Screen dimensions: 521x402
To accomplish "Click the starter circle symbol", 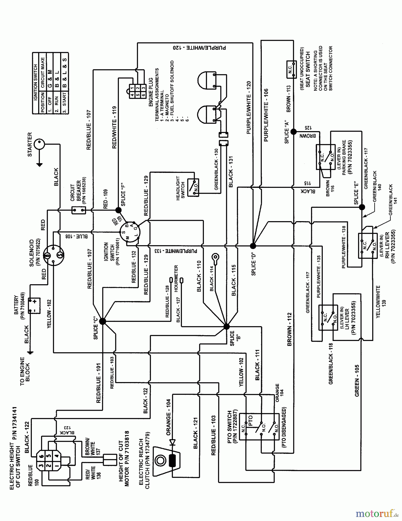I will pyautogui.click(x=39, y=144).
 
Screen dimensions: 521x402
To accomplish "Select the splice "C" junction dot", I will pyautogui.click(x=103, y=321).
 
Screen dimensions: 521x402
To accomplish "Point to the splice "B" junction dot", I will pyautogui.click(x=226, y=326).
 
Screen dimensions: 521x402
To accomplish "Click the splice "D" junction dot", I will pyautogui.click(x=253, y=246).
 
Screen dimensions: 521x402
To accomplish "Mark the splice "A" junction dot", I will pyautogui.click(x=294, y=132).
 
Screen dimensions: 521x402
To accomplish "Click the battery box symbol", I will pyautogui.click(x=34, y=306).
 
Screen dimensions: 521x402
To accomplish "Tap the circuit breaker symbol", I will pyautogui.click(x=79, y=210).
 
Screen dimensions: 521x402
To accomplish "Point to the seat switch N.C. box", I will pyautogui.click(x=291, y=69).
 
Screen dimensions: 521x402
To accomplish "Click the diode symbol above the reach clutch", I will pyautogui.click(x=173, y=442).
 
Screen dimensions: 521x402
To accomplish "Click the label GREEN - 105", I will pyautogui.click(x=357, y=380).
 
